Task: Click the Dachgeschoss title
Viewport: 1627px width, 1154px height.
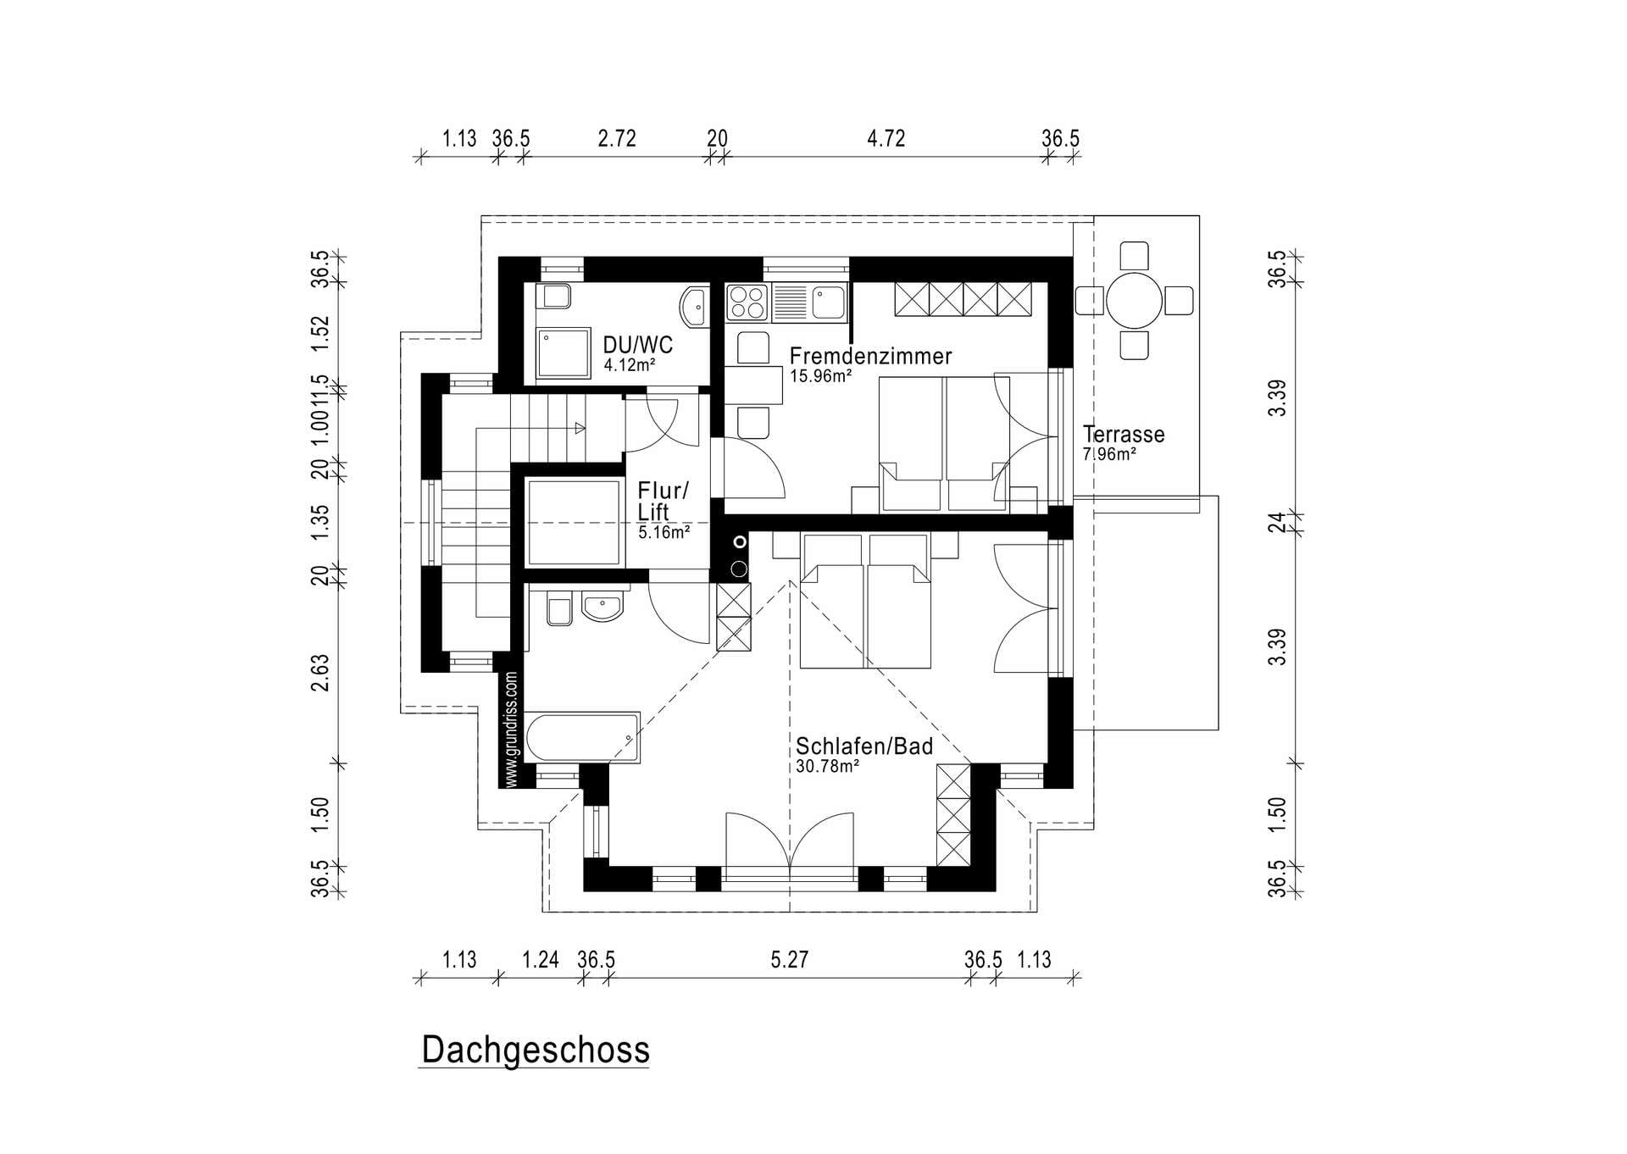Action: coord(536,1050)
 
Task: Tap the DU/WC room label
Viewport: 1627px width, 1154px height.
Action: coord(638,345)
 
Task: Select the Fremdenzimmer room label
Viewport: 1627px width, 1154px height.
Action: coord(870,356)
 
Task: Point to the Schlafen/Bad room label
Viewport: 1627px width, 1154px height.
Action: coord(864,746)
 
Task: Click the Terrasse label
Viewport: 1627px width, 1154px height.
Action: coord(1124,434)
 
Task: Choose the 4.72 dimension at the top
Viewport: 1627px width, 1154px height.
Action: coord(886,138)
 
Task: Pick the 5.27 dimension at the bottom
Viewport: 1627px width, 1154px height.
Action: coord(790,959)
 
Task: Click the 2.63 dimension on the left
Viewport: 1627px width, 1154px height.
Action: coord(319,673)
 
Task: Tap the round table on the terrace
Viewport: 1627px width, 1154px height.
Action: coord(1134,300)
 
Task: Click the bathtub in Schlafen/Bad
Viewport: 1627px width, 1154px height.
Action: coord(582,737)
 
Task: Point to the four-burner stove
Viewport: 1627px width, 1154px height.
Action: coord(747,302)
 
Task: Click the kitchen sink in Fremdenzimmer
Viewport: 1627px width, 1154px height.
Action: coord(828,302)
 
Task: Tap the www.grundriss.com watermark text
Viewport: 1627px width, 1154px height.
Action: coord(510,730)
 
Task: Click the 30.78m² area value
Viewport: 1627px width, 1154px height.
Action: coord(828,766)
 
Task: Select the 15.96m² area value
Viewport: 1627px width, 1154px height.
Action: coord(821,375)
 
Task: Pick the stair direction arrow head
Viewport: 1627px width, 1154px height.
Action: coord(580,428)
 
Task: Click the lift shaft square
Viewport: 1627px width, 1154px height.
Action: coord(574,522)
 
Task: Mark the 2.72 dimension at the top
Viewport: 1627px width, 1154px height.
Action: coord(617,138)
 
